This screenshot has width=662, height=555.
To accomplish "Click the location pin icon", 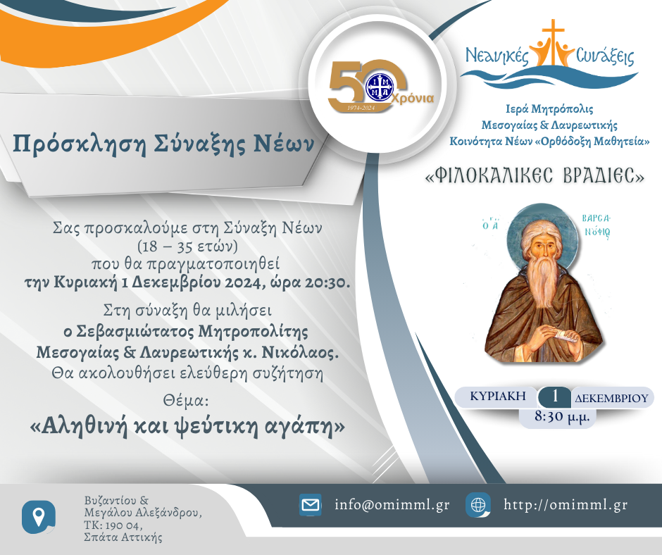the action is point(39,517).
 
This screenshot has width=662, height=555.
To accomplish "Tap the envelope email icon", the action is point(311,505).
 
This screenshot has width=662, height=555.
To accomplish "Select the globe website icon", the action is point(478,505).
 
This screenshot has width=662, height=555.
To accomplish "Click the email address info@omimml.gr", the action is point(392,505).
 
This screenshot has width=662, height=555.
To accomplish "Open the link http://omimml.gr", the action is point(566,505).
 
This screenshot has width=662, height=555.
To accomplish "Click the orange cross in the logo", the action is point(553,42).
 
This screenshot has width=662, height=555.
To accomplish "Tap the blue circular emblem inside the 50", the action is point(379,87).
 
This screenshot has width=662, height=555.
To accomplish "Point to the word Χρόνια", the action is point(413,99).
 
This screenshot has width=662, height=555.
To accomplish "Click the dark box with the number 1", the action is point(554,397).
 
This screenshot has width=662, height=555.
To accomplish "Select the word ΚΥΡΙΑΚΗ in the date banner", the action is point(498,397).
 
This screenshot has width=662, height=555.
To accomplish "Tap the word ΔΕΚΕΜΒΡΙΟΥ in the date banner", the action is point(611,398).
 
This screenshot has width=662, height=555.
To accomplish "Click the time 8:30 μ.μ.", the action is point(562,416).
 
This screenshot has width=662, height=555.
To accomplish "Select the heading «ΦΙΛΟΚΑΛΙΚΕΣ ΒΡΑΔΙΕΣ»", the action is point(535,176).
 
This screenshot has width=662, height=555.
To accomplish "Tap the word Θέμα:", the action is point(186,400).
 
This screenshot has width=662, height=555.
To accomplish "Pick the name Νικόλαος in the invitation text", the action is point(300,352).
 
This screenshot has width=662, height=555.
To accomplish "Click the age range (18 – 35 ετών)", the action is point(187,246).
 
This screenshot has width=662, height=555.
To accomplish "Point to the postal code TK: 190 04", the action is point(113,525).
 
